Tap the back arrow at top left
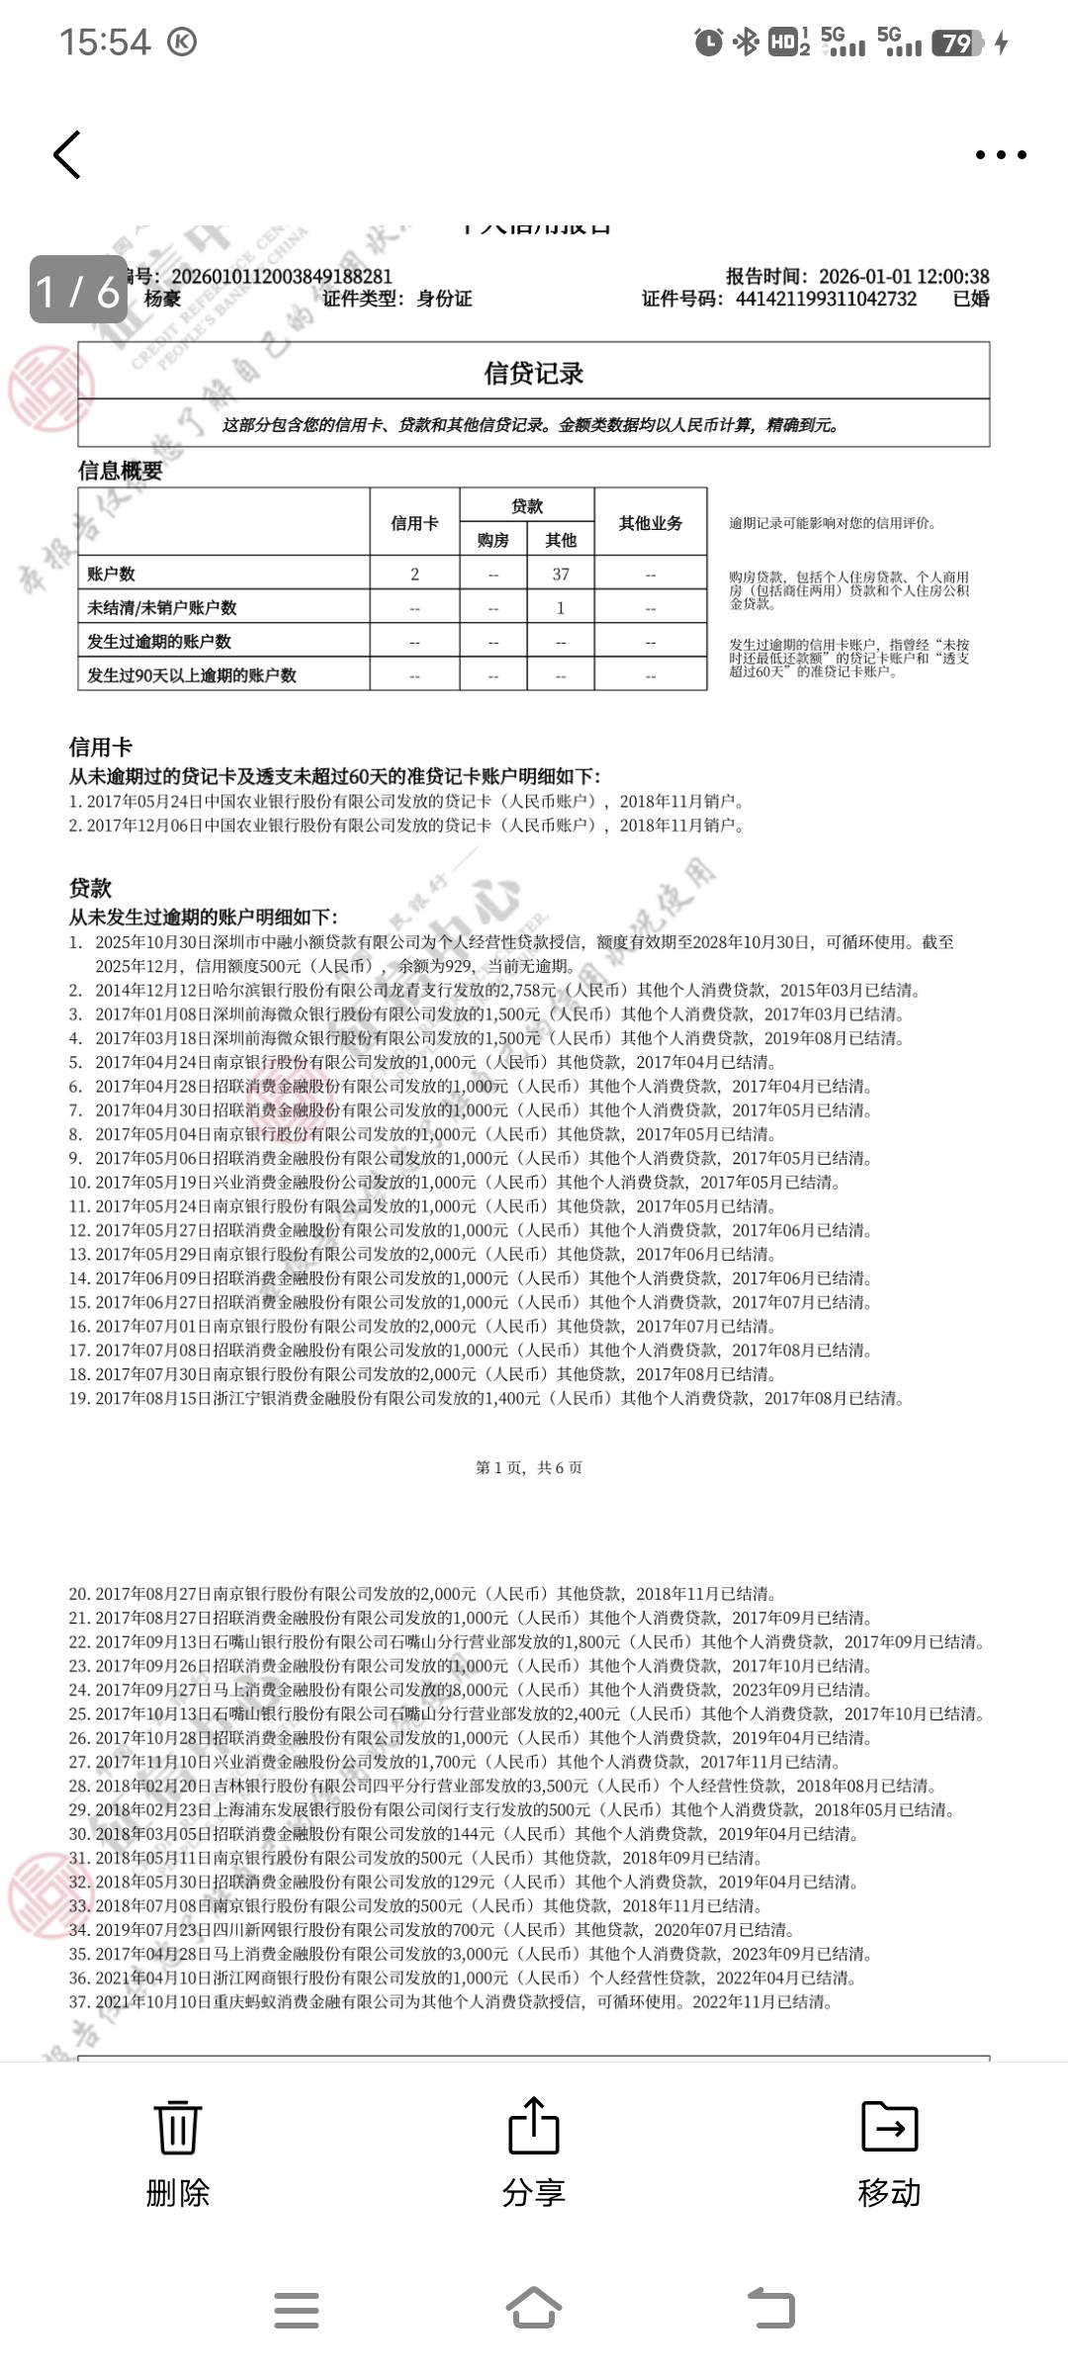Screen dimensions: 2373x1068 point(67,155)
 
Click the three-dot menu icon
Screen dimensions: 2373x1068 point(1001,154)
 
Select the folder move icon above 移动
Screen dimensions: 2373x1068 point(889,2126)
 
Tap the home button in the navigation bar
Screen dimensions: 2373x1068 point(534,2310)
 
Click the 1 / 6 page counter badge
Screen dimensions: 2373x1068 point(78,291)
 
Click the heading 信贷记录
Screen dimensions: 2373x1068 point(533,373)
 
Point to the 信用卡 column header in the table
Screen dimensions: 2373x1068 point(414,523)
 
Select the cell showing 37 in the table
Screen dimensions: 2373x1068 point(561,574)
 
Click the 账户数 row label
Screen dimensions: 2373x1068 point(112,574)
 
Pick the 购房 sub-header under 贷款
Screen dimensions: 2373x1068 point(492,540)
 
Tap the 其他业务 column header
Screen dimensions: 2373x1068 point(650,523)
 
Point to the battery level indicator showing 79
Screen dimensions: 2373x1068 point(957,43)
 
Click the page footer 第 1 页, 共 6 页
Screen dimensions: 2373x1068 point(529,1467)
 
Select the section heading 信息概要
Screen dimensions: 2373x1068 point(121,471)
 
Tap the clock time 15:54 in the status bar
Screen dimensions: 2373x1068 point(105,43)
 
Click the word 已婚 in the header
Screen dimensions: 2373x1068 point(970,300)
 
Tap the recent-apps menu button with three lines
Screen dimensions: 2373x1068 point(297,2310)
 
